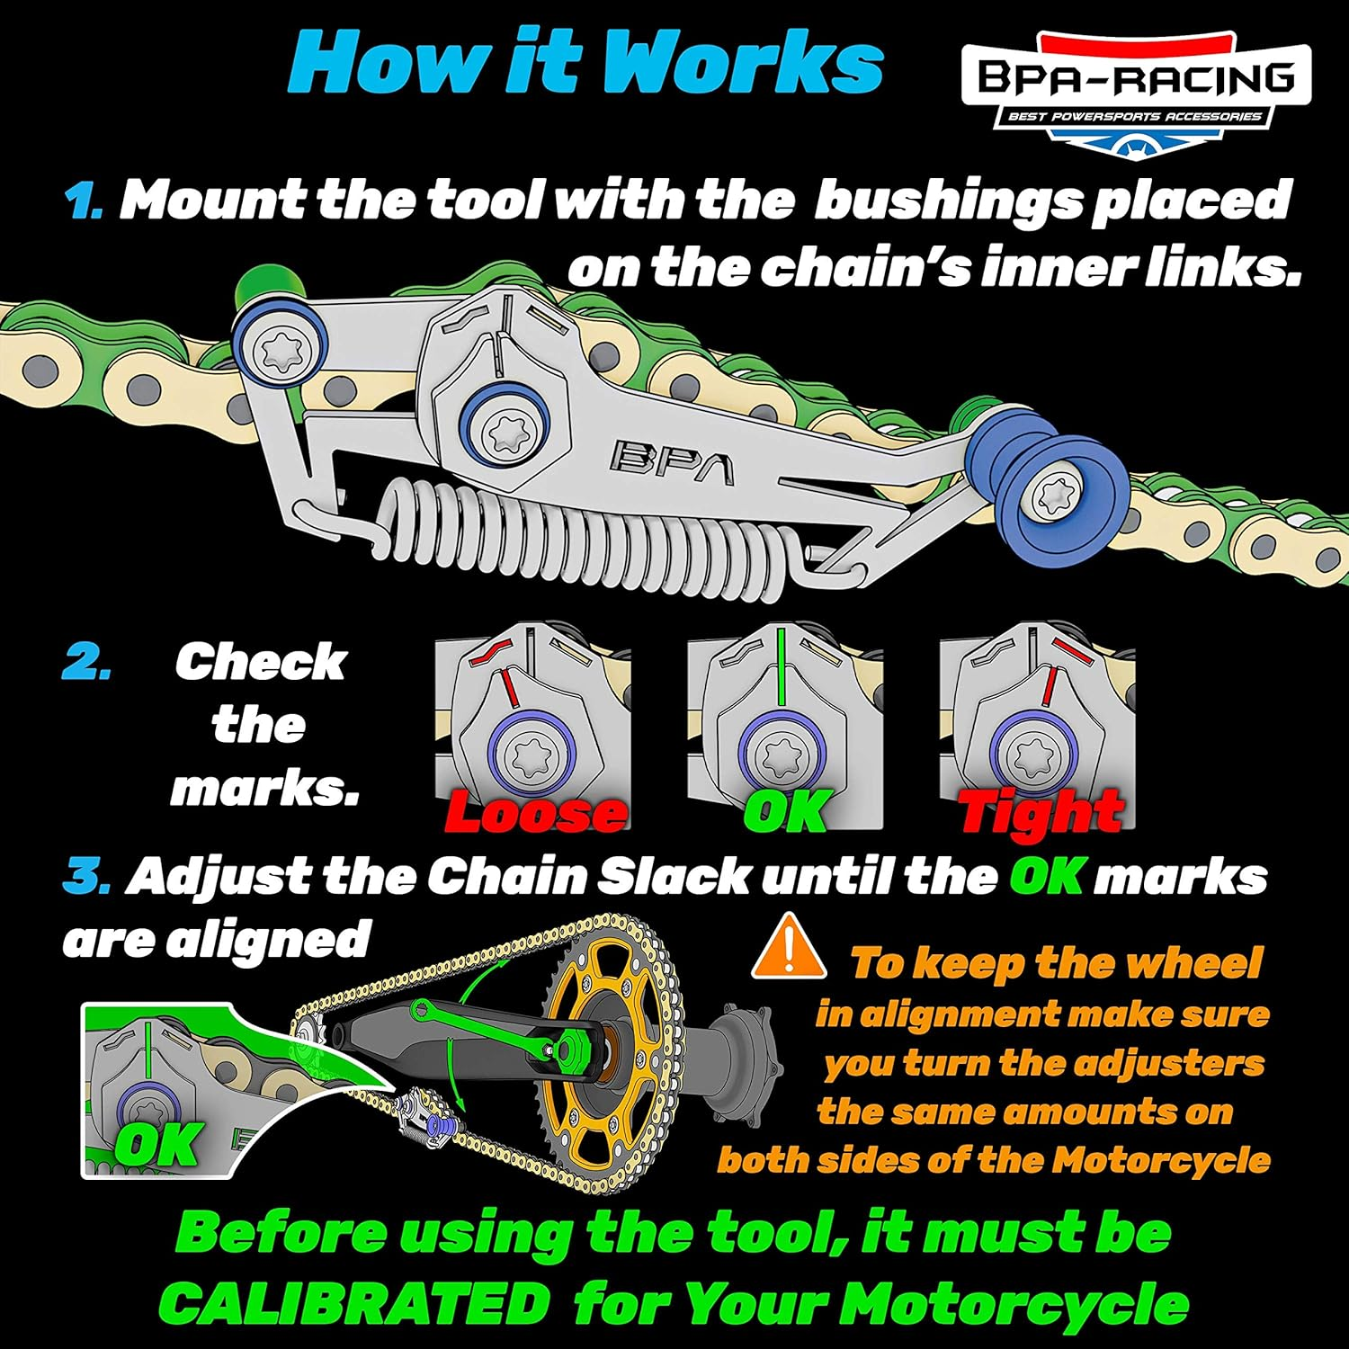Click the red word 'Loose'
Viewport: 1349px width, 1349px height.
pyautogui.click(x=535, y=812)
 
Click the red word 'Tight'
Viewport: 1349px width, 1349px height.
pyautogui.click(x=1041, y=812)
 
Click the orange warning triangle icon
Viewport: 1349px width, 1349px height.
pyautogui.click(x=789, y=946)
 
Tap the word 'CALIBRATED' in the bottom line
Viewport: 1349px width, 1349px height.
pyautogui.click(x=355, y=1302)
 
